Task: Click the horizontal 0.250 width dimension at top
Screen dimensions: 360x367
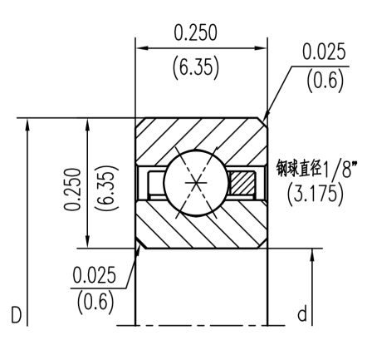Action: (x=195, y=32)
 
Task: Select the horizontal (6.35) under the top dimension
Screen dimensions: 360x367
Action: (x=195, y=67)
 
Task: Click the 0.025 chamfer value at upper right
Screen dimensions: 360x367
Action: (x=323, y=52)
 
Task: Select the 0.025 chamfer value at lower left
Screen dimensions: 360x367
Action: (x=94, y=274)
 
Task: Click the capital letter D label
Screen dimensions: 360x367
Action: (x=14, y=315)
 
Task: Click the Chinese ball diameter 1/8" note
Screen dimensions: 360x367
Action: (x=316, y=170)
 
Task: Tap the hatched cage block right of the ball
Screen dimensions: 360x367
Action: (x=244, y=181)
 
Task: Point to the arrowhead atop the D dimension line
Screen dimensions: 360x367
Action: (x=29, y=124)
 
